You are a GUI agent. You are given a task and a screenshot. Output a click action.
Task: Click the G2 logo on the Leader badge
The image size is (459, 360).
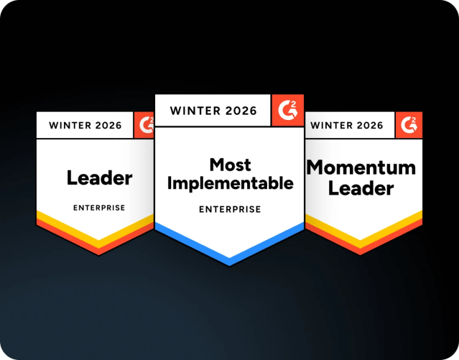pos(144,125)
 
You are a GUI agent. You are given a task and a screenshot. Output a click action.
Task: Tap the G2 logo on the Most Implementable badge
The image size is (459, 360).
pos(291,110)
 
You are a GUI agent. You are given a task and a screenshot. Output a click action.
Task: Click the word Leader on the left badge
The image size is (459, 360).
pos(99,177)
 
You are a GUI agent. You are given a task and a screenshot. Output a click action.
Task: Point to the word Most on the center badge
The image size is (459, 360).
pos(230,165)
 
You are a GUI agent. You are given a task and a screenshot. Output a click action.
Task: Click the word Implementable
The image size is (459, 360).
pos(230,183)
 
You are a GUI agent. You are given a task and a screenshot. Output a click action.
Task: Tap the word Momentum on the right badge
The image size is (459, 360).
pos(361,168)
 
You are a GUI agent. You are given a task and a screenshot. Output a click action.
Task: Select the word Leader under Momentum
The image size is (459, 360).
pos(361,188)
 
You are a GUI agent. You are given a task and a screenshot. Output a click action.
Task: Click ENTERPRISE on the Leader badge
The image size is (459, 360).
pos(99,208)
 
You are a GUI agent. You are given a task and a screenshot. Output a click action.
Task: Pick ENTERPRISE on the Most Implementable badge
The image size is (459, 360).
pos(230,209)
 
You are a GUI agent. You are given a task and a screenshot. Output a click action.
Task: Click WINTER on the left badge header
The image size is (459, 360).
pos(70,126)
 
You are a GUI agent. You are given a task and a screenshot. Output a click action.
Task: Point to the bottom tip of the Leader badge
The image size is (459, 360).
pos(96,253)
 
